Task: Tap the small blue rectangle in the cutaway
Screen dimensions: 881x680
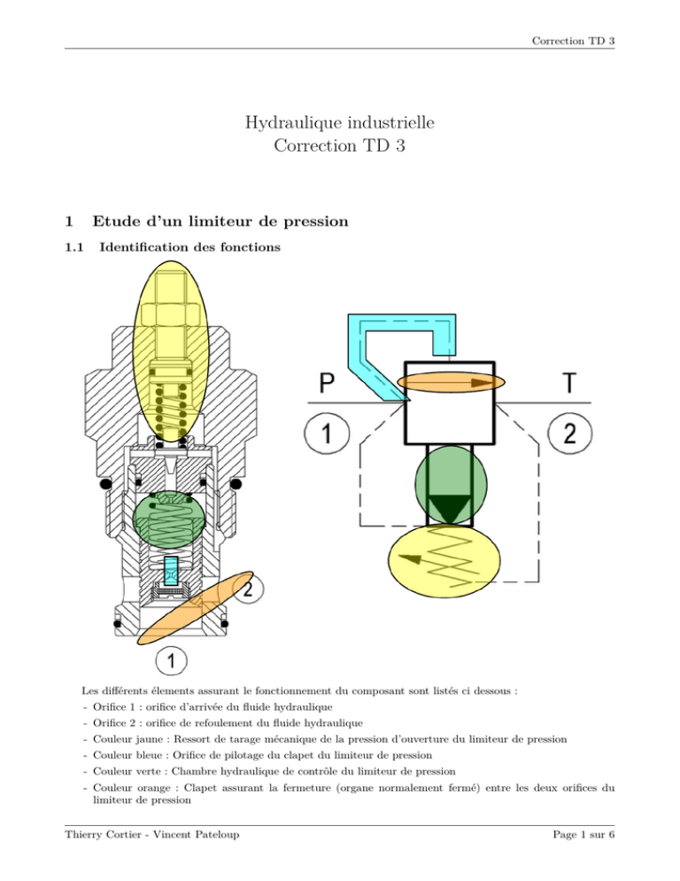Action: (174, 575)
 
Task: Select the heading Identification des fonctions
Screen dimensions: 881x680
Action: (191, 249)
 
